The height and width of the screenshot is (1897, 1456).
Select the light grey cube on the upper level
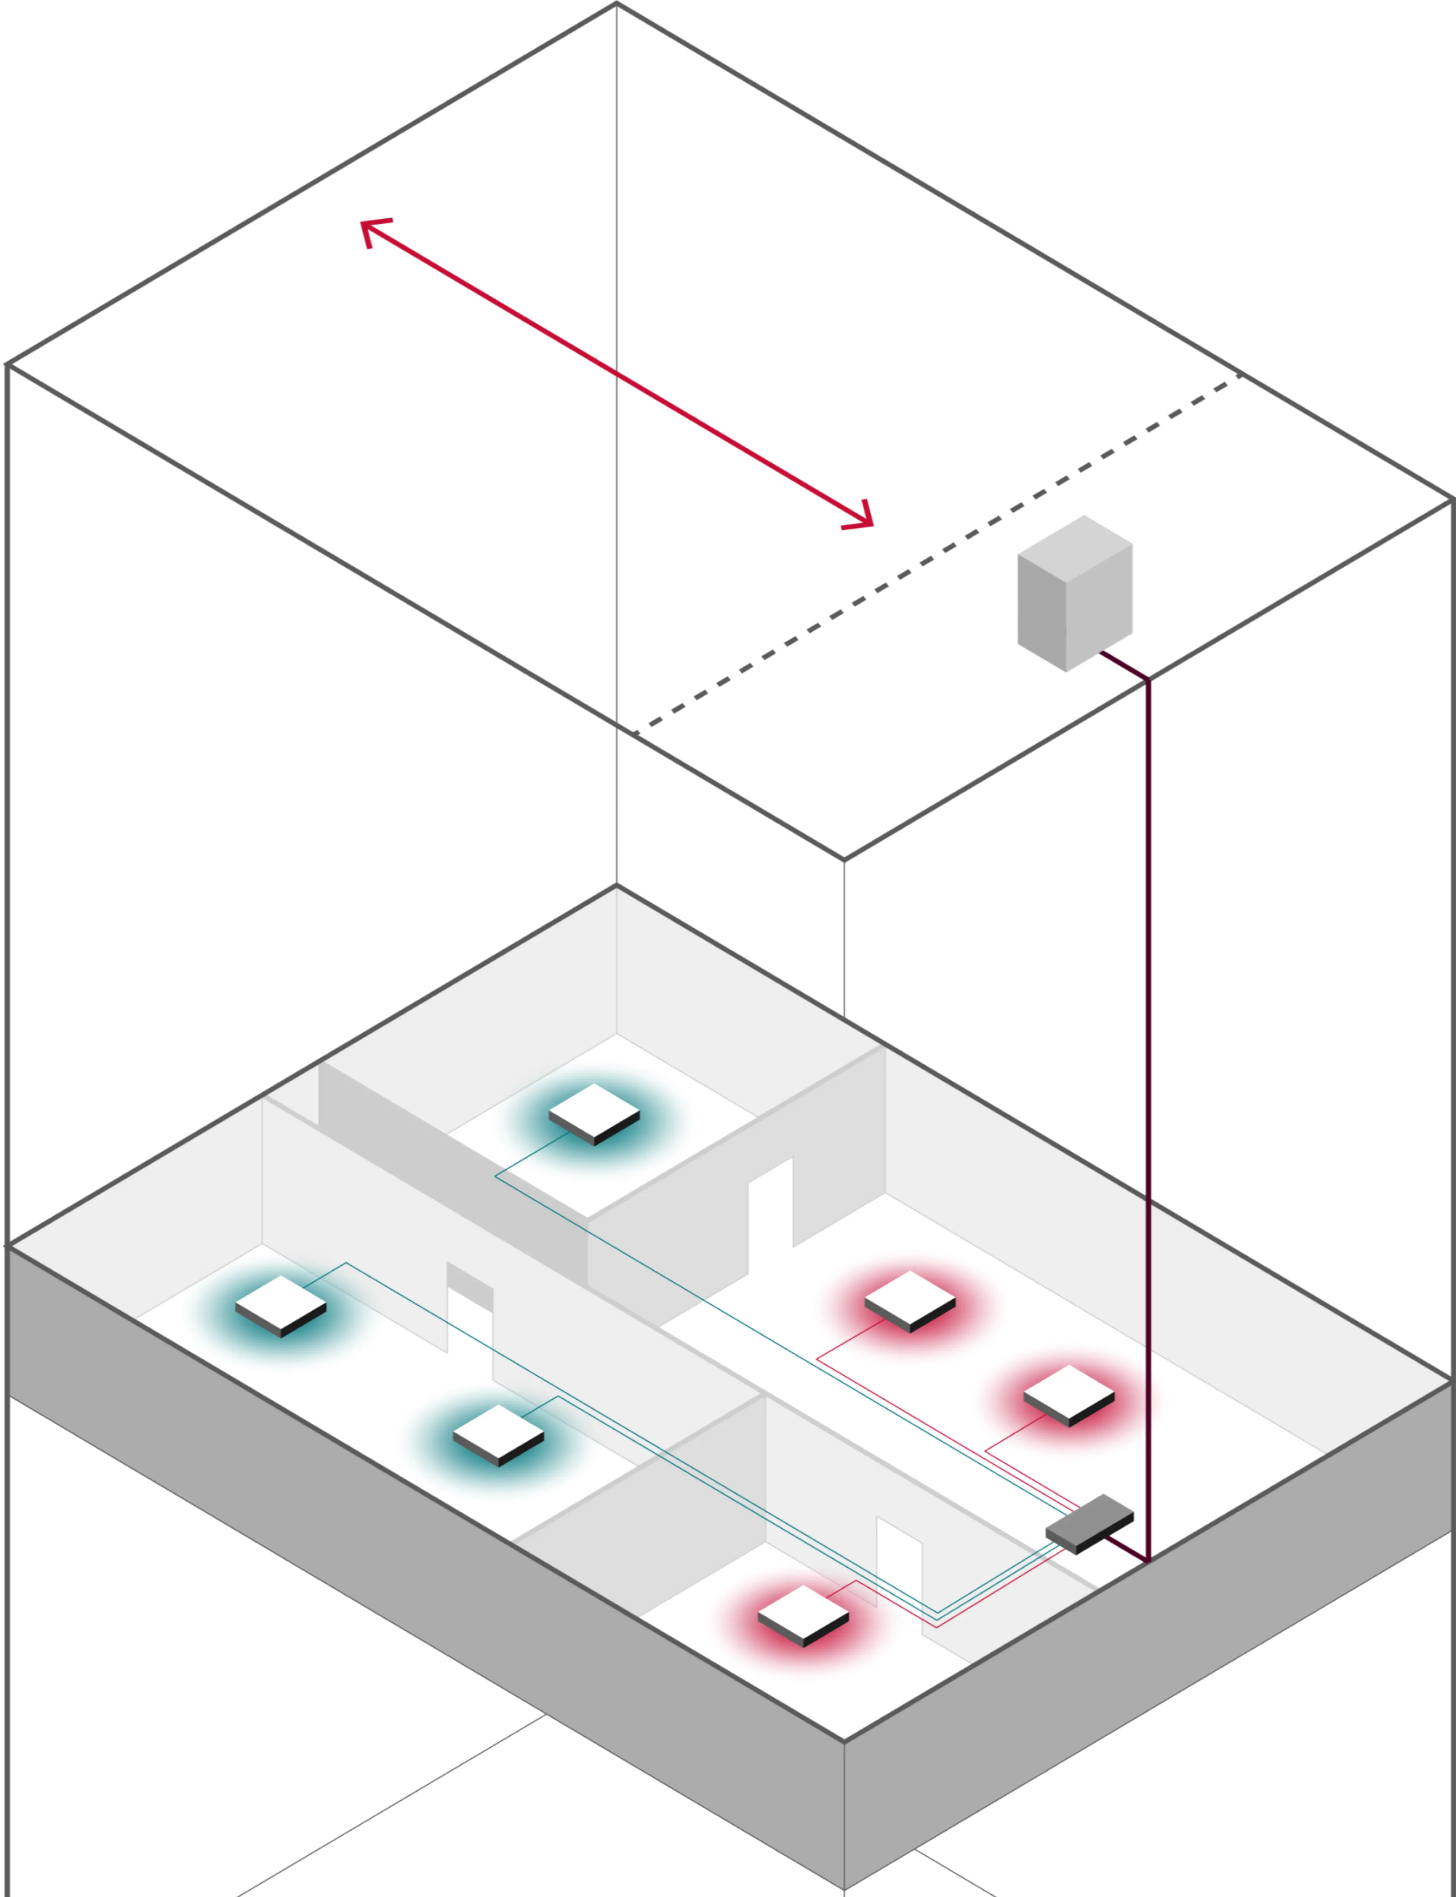(1075, 598)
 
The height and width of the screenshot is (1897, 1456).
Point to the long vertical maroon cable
(1148, 1084)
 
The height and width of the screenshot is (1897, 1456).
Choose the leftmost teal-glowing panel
(281, 1305)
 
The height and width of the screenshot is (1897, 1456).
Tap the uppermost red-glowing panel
(910, 1301)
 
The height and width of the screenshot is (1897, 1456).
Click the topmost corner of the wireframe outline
(616, 4)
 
